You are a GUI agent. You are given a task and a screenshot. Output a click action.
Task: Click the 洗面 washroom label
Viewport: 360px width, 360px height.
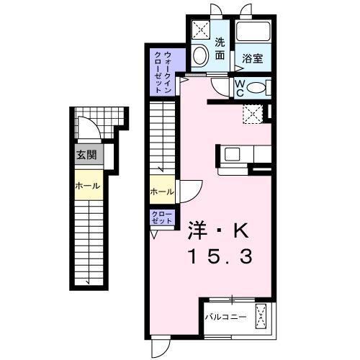pos(220,48)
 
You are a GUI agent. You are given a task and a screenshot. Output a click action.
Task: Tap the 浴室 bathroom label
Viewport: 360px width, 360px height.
pos(253,58)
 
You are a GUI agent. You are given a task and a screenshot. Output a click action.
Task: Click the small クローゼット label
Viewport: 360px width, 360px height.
pos(162,218)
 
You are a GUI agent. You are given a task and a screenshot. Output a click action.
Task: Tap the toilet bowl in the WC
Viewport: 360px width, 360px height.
pos(259,88)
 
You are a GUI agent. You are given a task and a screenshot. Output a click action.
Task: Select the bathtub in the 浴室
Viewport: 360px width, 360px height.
pos(253,33)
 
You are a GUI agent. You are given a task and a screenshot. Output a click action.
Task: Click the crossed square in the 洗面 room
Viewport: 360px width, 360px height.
pos(201,30)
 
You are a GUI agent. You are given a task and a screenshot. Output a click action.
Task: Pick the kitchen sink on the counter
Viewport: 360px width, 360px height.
pos(233,154)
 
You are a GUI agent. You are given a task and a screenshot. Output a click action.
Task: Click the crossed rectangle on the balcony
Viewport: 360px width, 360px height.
pos(262,318)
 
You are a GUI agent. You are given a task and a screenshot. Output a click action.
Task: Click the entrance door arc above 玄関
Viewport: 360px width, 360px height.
pos(86,130)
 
